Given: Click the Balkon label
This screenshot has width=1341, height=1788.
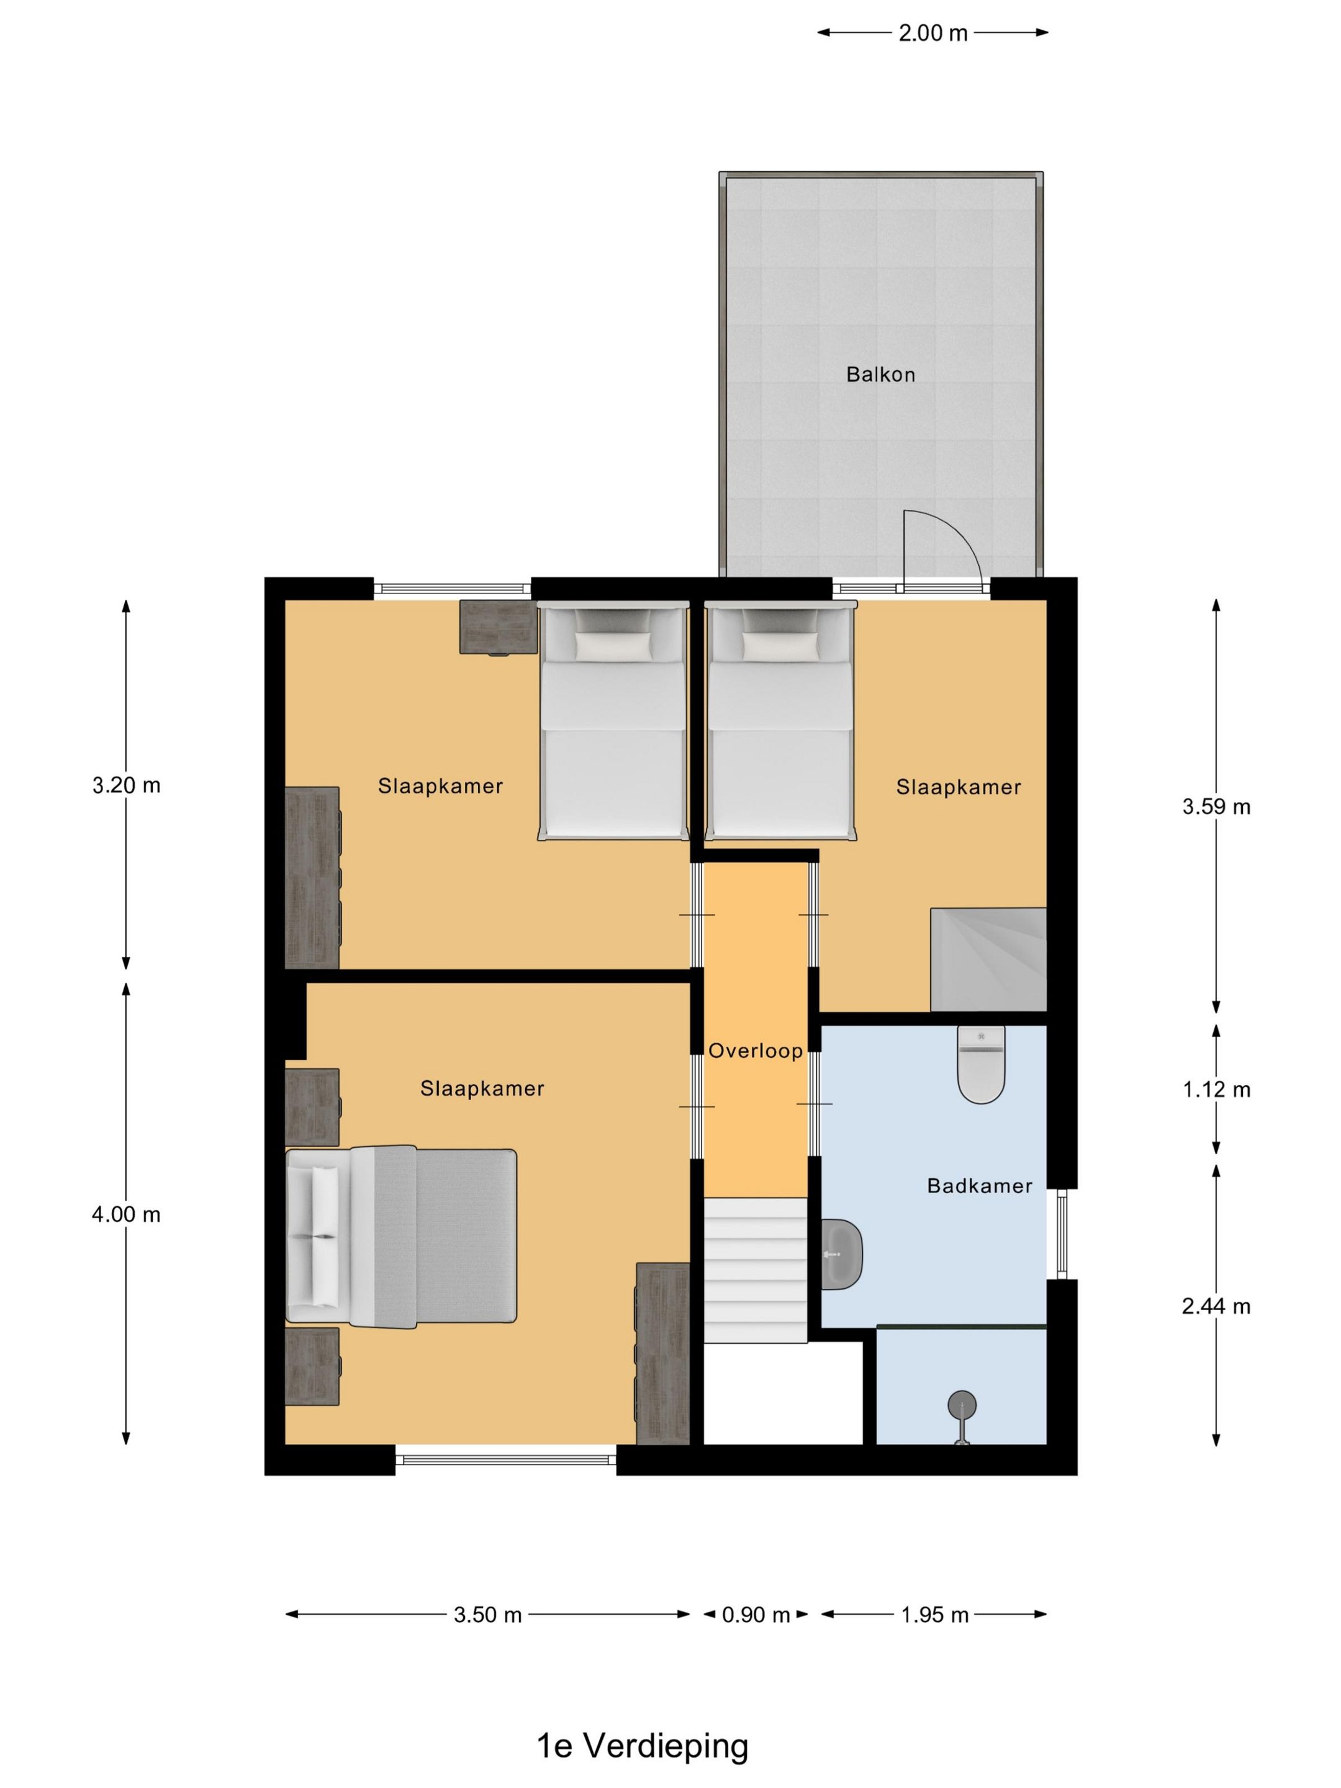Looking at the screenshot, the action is [x=880, y=374].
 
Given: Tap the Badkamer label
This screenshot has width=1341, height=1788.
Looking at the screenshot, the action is [x=980, y=1186].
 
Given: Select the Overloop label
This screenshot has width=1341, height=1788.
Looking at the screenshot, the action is [x=756, y=1051].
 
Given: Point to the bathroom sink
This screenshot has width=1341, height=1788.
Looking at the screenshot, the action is [x=841, y=1255].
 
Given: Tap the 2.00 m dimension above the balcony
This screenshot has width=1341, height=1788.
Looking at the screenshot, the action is [x=932, y=33].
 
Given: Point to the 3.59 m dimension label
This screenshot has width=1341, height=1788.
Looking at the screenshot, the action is [x=1216, y=806].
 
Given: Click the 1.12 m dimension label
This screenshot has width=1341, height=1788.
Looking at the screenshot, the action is [x=1216, y=1090].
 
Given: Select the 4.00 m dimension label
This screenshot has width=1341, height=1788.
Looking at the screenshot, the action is [x=126, y=1214].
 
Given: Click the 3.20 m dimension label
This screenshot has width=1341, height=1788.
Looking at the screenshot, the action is [x=126, y=785].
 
